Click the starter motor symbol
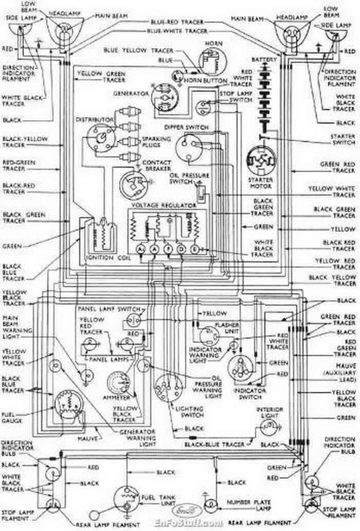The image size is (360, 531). pos(260,162)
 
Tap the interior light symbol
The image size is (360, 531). pos(271,427)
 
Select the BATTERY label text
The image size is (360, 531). pos(264,59)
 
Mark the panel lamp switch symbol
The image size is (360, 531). pos(132,320)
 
